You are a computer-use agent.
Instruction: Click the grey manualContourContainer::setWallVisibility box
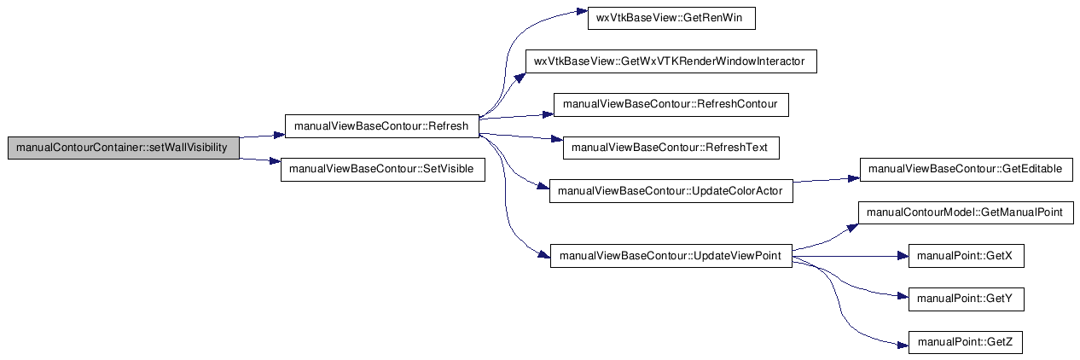pos(124,148)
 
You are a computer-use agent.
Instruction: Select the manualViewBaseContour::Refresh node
pos(382,126)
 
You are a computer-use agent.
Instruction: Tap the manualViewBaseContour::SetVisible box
pos(383,170)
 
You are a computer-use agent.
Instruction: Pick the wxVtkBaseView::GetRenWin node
pos(671,18)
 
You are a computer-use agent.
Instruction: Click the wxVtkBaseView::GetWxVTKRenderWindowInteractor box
pos(671,61)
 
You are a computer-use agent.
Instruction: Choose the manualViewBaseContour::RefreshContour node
pos(671,105)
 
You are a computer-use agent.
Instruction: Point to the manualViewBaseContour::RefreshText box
pos(671,148)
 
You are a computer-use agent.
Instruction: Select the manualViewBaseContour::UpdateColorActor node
pos(671,191)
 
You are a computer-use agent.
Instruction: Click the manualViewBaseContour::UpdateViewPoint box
pos(671,256)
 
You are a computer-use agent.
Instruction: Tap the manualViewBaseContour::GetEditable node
pos(967,170)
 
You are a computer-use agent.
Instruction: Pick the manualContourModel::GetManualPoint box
pos(967,212)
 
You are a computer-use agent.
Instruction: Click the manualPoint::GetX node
pos(967,256)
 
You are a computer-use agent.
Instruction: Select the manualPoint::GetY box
pos(967,299)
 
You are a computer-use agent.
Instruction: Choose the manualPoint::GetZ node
pos(967,342)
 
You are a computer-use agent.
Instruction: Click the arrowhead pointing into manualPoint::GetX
pos(903,257)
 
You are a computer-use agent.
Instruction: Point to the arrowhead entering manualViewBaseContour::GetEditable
pos(854,179)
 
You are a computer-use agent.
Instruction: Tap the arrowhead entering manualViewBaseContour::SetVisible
pos(276,161)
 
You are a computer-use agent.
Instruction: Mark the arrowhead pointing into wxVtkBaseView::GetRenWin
pos(582,11)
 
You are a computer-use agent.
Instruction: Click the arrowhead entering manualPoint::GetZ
pos(903,345)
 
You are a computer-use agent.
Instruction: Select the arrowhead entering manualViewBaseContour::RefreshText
pos(557,139)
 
